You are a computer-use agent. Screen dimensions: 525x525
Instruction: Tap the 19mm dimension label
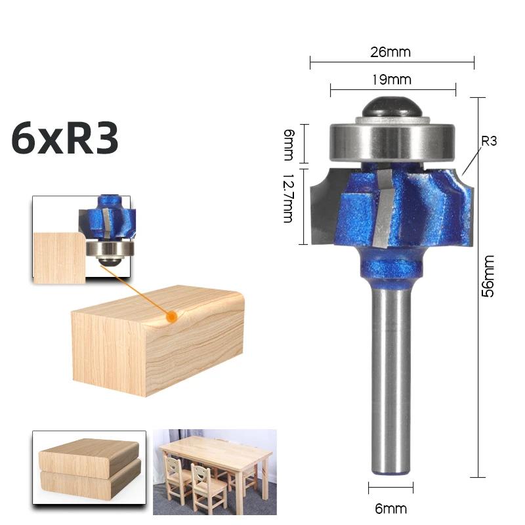[392, 80]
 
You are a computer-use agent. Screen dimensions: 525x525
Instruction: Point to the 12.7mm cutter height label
[287, 198]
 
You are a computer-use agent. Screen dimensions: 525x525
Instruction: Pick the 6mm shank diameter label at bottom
[392, 508]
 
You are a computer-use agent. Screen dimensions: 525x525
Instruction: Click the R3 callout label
[489, 140]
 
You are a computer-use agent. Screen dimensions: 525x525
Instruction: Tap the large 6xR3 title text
[65, 138]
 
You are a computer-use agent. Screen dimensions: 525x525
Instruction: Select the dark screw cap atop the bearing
[392, 107]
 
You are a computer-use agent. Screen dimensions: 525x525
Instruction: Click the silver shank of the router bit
[392, 381]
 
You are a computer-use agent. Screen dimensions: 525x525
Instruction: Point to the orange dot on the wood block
[173, 316]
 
